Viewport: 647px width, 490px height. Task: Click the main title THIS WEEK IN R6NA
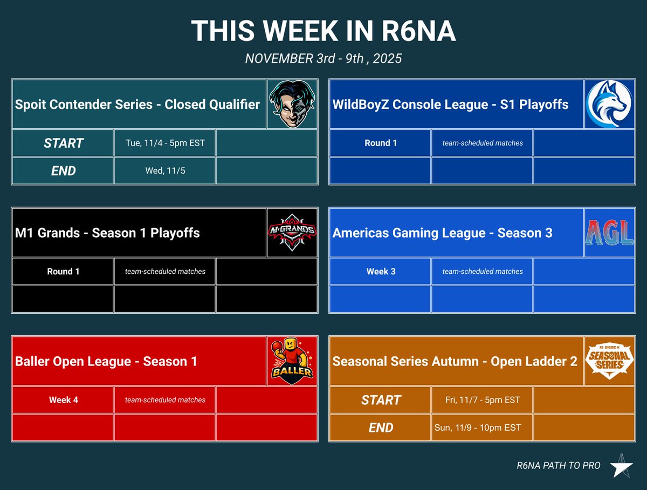323,31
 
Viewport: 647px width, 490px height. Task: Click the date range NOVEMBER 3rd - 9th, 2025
323,58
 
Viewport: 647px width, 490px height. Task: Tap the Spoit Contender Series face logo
292,104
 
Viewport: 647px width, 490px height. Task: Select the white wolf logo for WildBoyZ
609,104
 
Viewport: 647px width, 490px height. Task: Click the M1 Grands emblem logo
292,233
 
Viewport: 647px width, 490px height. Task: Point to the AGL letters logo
609,233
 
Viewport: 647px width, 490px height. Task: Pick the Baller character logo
292,361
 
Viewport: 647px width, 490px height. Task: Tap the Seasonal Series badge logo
609,361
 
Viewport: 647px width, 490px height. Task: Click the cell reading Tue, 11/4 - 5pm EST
164,143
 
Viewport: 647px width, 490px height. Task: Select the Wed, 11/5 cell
164,171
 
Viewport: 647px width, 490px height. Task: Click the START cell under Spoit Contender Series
63,143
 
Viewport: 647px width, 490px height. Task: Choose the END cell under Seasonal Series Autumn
380,428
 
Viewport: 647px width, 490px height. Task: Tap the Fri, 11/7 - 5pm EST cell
482,400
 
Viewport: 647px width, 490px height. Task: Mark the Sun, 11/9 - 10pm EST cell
478,428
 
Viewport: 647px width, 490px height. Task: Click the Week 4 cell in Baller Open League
63,400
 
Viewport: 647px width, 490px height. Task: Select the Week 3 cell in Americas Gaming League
380,272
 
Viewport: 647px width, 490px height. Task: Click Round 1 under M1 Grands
63,272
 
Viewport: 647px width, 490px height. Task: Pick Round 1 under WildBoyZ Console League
380,143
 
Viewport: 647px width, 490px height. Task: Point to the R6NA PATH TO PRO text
558,466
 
